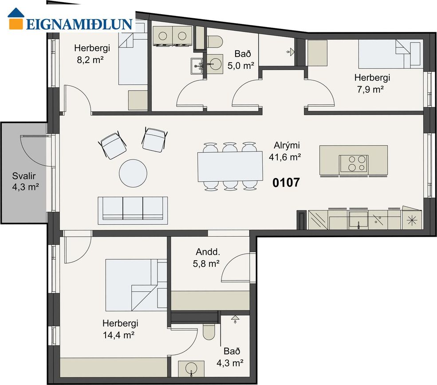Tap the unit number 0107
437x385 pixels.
286,183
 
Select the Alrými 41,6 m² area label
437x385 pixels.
285,151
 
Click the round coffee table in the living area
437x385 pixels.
133,173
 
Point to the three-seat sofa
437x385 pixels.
133,210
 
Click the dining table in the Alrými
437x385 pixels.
230,167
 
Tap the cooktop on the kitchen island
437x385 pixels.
354,163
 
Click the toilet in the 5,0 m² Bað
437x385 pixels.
214,41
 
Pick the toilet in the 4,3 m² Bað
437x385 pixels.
209,332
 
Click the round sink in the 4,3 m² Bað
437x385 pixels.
191,369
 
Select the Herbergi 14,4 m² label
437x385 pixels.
120,329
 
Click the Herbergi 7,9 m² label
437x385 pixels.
372,83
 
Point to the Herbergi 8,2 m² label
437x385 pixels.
92,54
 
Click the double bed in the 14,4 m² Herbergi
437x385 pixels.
136,285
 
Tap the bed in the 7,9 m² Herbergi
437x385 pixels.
390,54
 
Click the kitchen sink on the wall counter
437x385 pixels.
358,219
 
